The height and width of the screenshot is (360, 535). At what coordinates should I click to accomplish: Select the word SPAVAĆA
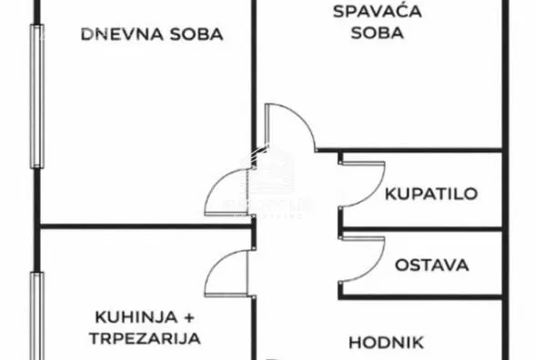pyautogui.click(x=368, y=12)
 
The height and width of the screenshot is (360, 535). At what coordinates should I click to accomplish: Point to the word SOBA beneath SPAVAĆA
pyautogui.click(x=368, y=34)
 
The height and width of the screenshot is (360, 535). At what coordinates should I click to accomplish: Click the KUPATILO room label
pyautogui.click(x=431, y=194)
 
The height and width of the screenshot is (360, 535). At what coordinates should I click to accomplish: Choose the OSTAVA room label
pyautogui.click(x=431, y=265)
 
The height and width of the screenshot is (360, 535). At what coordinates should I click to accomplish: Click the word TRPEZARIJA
pyautogui.click(x=146, y=338)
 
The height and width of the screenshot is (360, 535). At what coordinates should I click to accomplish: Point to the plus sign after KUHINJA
pyautogui.click(x=189, y=317)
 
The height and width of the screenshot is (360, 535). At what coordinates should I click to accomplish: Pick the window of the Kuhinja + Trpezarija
pyautogui.click(x=36, y=314)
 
